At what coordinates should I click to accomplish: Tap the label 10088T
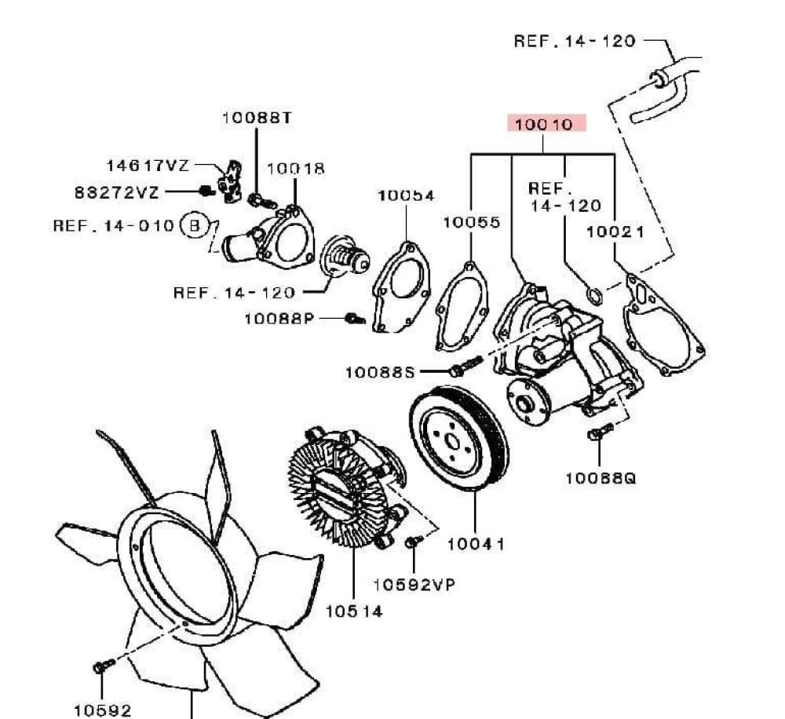coord(256,117)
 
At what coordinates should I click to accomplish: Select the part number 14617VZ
coord(148,166)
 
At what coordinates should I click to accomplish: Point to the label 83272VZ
coord(116,191)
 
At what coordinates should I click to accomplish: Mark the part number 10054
coord(406,195)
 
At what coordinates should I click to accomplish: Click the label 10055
coord(471,222)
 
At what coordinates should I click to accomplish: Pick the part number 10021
coord(615,231)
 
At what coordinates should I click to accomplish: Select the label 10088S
coord(379,371)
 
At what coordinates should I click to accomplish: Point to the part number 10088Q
coord(601,476)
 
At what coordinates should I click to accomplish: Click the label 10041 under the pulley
coord(476,543)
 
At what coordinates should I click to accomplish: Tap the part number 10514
coord(354,611)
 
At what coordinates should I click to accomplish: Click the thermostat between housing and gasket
coord(345,258)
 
